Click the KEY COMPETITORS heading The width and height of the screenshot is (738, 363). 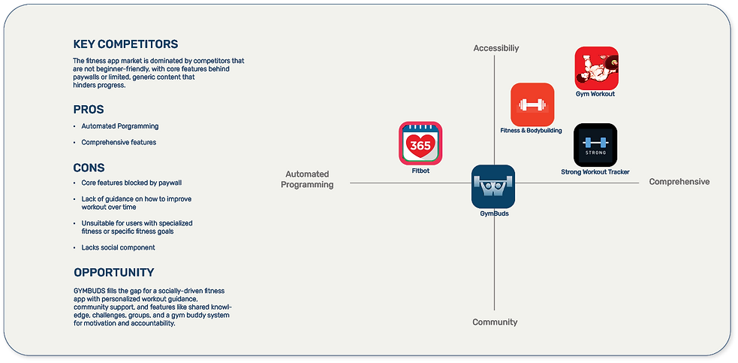click(125, 44)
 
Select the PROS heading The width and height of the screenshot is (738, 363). click(89, 110)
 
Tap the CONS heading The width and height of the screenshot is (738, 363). click(89, 168)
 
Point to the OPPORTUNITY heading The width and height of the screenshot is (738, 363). click(114, 273)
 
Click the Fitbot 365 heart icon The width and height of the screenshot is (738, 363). click(420, 144)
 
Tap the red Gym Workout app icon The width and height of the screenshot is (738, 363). click(596, 68)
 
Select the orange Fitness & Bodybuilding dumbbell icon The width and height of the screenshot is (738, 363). click(532, 104)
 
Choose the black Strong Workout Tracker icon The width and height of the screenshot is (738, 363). click(595, 145)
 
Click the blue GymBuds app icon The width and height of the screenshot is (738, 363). click(493, 186)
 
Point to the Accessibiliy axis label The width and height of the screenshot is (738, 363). click(496, 48)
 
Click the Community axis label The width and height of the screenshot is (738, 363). click(495, 322)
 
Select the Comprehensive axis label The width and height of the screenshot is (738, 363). click(679, 182)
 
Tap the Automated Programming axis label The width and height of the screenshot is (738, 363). click(307, 180)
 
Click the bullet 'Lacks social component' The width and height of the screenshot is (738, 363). click(118, 247)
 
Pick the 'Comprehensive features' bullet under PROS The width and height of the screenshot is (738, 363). click(119, 142)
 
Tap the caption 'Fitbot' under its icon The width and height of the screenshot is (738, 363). click(420, 171)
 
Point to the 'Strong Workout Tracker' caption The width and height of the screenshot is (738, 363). click(595, 172)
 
